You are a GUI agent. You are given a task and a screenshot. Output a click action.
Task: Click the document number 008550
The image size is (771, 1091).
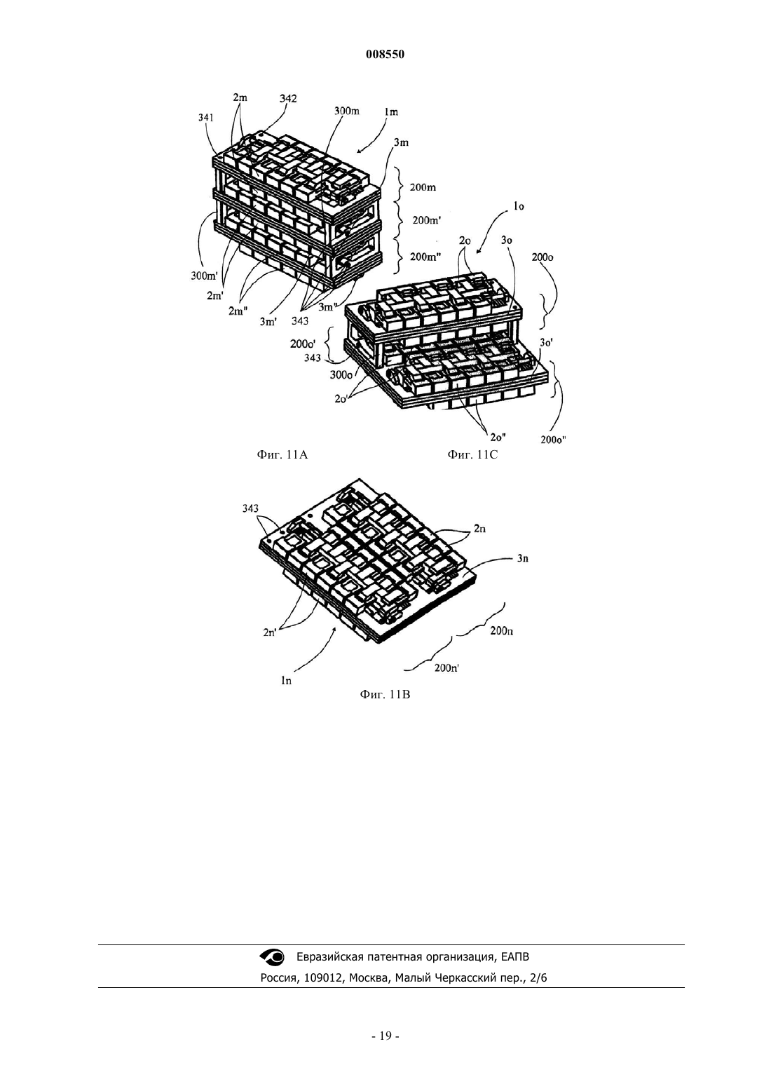coord(385,55)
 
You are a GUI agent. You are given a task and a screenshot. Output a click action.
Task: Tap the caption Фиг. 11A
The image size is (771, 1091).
coord(282,455)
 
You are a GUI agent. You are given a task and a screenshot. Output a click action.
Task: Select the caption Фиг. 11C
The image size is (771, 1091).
coord(472,455)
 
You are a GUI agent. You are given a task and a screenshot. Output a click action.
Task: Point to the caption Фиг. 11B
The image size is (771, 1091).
coord(385,695)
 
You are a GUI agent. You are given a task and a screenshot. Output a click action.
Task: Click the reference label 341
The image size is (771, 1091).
coord(206,117)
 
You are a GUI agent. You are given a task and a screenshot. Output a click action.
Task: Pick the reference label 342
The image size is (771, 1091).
coord(287,98)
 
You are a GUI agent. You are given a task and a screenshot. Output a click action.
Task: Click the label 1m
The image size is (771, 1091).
coord(391,112)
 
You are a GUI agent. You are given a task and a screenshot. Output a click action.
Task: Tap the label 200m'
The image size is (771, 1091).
coord(427,220)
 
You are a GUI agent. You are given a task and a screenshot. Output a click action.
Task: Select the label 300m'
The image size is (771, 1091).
coord(204,276)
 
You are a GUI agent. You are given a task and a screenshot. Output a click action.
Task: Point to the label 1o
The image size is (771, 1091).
coord(519,207)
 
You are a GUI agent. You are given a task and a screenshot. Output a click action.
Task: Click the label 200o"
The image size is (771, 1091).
coord(554,440)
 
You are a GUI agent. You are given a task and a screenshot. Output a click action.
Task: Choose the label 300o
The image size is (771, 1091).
coord(341,375)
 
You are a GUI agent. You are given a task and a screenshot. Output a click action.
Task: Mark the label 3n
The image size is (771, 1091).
coord(523,559)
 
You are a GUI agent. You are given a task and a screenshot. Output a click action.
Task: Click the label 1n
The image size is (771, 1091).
coord(286,680)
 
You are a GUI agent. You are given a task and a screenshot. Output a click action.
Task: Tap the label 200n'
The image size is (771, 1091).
coord(447,668)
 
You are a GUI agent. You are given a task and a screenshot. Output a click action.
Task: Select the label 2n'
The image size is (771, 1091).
coord(270,632)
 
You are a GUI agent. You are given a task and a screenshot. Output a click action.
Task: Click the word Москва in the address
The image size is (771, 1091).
coord(369,977)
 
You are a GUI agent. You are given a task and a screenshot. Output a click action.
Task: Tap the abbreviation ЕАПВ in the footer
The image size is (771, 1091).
coord(514,957)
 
